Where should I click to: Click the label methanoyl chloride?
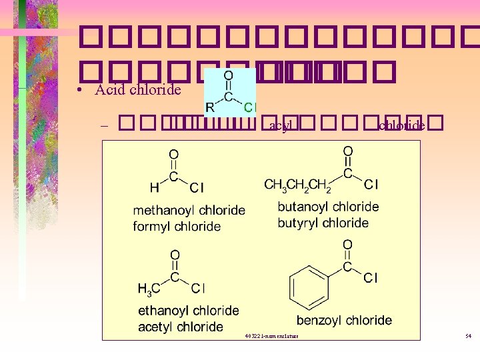point(189,211)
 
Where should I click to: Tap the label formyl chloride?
point(177,227)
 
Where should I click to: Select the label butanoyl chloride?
point(328,207)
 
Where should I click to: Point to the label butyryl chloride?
point(323,223)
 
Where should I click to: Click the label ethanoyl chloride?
point(189,311)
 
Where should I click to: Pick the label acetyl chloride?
point(181,327)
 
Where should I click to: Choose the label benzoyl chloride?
point(344,321)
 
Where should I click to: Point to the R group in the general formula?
point(211,107)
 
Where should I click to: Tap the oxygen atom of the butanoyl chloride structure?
point(347,151)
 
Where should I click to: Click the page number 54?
point(468,335)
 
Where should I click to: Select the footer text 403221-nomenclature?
point(272,335)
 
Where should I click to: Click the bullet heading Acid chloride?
point(138,89)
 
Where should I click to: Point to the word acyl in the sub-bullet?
point(279,125)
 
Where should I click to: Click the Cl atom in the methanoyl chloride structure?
point(197,188)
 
